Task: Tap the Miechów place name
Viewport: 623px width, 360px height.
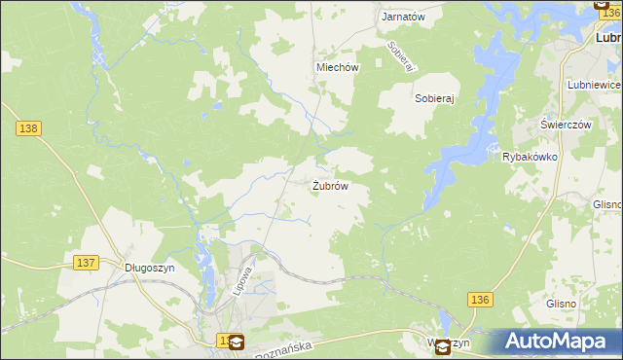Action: click(x=338, y=68)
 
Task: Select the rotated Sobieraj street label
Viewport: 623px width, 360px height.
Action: click(x=401, y=55)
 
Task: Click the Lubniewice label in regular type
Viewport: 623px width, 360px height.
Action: click(x=593, y=85)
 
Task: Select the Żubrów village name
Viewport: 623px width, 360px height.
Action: click(x=330, y=185)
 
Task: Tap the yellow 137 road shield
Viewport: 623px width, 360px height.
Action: click(x=86, y=263)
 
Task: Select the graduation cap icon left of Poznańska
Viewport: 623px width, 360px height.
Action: click(x=237, y=342)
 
